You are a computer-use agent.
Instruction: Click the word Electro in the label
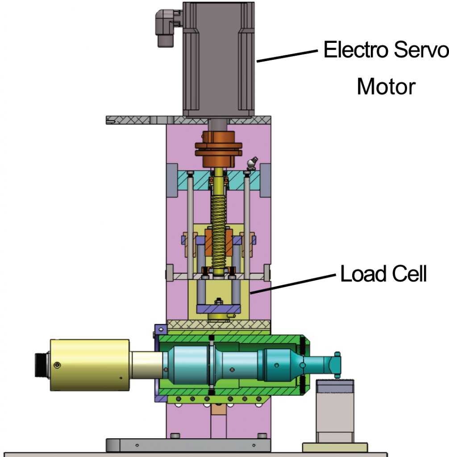[x=356, y=50]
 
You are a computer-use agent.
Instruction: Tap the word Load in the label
[x=363, y=274]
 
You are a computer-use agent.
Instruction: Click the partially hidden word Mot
[x=373, y=87]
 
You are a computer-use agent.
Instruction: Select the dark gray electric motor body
[x=219, y=58]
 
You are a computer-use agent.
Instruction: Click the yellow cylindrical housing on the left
[x=90, y=365]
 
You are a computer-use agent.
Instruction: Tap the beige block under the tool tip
[x=334, y=411]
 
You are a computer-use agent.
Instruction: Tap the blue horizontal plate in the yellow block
[x=219, y=308]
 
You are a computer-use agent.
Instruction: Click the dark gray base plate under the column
[x=188, y=445]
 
